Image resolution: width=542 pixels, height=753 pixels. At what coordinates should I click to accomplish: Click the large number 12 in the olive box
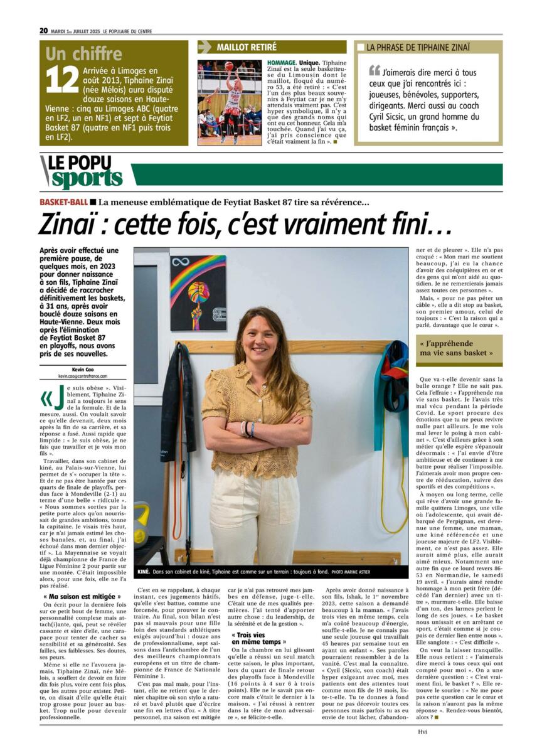(x=63, y=80)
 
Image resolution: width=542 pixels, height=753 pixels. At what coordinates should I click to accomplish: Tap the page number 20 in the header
(x=43, y=31)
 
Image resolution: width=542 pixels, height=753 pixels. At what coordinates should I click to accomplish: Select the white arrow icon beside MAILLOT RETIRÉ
(x=205, y=47)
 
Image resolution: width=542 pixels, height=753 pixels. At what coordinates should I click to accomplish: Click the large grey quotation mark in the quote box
(x=375, y=70)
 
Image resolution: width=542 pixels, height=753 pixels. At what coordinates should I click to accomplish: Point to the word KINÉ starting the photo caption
(x=144, y=572)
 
